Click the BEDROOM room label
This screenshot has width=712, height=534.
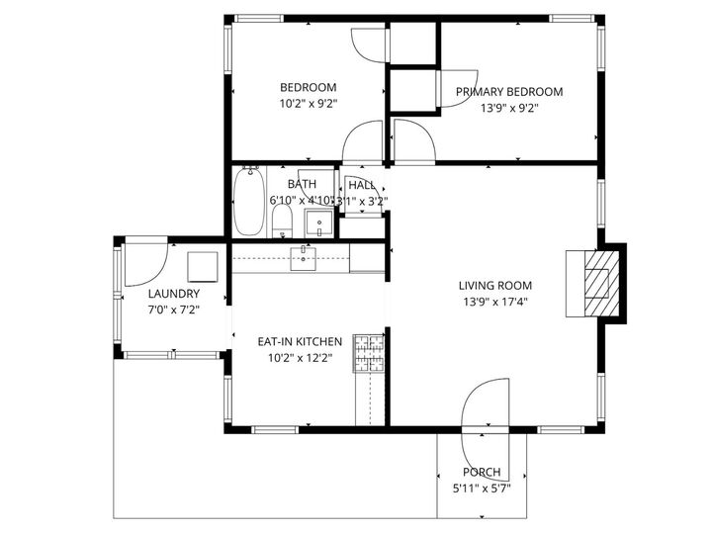tap(308, 87)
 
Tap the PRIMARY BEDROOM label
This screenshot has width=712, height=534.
tap(508, 92)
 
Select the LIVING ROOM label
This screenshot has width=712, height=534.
tap(495, 287)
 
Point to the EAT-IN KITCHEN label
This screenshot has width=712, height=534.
tap(300, 341)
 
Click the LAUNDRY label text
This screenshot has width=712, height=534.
tap(173, 294)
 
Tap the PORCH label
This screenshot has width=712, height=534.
tap(481, 473)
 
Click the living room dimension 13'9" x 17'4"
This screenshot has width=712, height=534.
tap(495, 303)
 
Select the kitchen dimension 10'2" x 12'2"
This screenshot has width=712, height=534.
tap(300, 358)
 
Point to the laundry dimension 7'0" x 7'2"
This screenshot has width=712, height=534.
tap(173, 310)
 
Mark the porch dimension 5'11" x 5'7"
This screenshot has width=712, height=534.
tap(481, 489)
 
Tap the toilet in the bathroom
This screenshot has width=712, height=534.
tap(283, 220)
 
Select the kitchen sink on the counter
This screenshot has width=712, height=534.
tap(303, 258)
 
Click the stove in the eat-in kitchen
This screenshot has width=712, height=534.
tap(369, 353)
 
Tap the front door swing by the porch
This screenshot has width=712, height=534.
tap(483, 405)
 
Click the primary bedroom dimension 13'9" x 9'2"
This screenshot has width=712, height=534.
tap(508, 109)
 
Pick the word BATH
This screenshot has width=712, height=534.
tap(302, 184)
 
